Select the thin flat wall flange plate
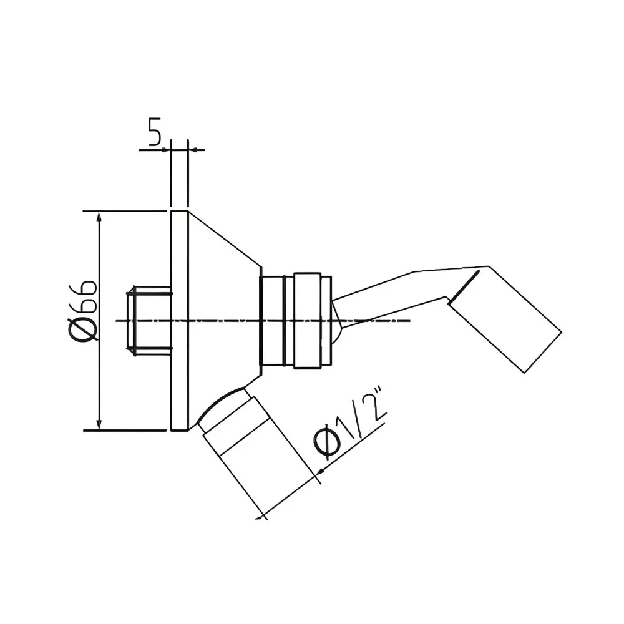pos(179,321)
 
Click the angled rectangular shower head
pos(505,318)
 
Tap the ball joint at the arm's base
pos(337,321)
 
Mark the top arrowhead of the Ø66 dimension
pos(99,216)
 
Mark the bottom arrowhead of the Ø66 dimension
pos(99,426)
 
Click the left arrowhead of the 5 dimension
pos(166,150)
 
